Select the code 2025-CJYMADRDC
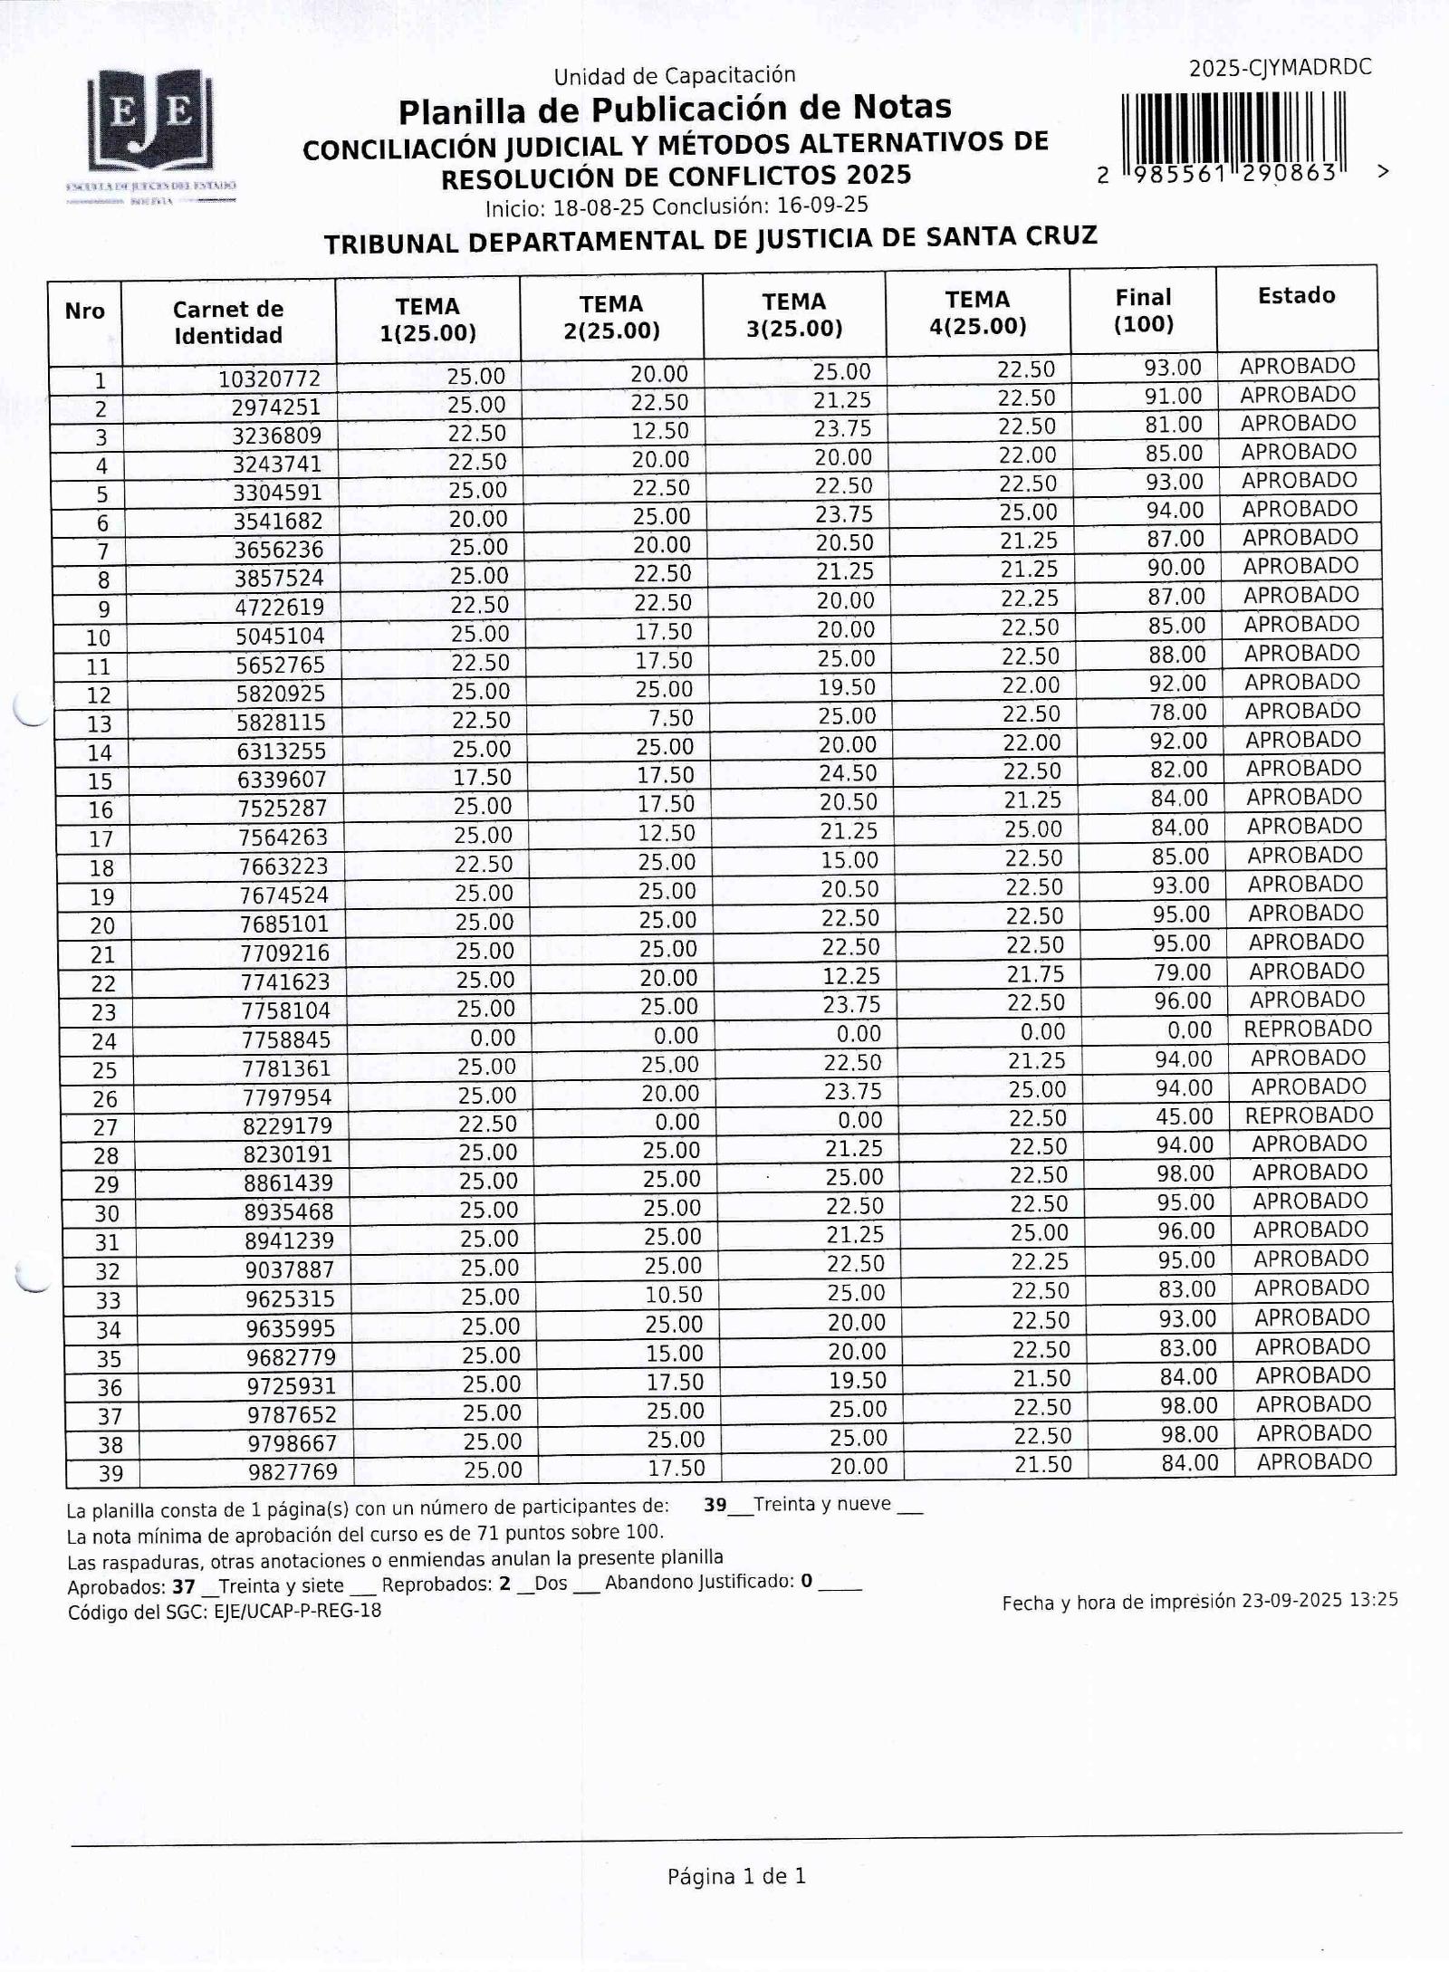[1280, 68]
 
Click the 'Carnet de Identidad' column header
[228, 322]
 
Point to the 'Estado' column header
[1296, 296]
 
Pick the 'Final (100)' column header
[1143, 311]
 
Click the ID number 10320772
[270, 378]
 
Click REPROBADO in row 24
[1308, 1029]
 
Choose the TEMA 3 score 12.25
[851, 975]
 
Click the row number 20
[102, 926]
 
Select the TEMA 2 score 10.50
[674, 1295]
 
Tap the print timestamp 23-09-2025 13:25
[1319, 1600]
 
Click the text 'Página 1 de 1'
[736, 1877]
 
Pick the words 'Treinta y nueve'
[821, 1505]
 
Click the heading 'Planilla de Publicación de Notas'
[675, 109]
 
